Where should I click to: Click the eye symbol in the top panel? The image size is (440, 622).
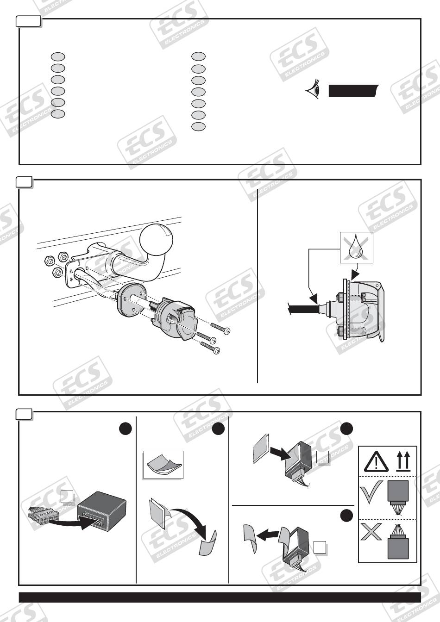(x=313, y=89)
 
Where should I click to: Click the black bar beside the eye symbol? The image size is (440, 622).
(x=353, y=91)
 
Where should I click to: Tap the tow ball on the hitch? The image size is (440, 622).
(x=157, y=239)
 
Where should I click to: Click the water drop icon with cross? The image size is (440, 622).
(x=357, y=248)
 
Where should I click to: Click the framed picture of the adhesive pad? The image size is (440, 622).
(x=163, y=465)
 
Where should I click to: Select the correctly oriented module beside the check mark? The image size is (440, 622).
(x=398, y=496)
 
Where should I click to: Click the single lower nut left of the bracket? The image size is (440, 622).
(x=57, y=273)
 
